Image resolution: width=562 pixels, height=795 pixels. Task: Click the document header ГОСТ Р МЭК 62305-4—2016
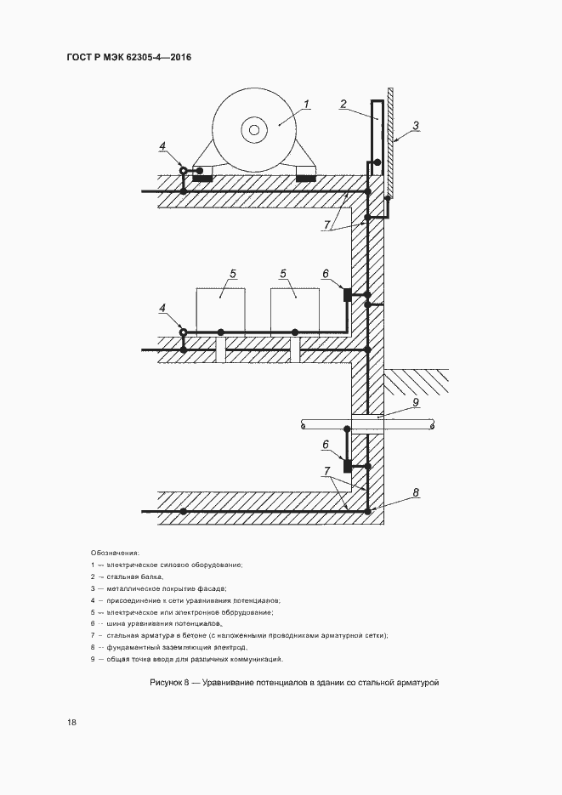click(129, 58)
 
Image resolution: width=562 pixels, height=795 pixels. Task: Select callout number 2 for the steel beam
click(343, 105)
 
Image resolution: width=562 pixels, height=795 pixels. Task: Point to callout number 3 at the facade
click(416, 125)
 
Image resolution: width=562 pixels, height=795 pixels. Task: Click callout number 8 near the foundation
click(416, 492)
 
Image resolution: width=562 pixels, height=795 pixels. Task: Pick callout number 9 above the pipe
click(416, 401)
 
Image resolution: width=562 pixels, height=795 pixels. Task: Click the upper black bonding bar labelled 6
click(347, 294)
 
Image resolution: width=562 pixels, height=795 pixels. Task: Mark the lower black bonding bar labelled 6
click(347, 465)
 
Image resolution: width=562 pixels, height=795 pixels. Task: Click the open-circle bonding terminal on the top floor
click(182, 171)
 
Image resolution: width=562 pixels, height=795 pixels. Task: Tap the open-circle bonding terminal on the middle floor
click(182, 332)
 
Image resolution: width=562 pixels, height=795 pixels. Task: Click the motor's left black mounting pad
click(202, 177)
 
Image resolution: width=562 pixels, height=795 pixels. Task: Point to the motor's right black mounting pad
click(305, 177)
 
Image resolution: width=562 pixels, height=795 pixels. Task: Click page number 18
click(71, 723)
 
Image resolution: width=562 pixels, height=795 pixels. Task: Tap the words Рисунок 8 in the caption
click(173, 682)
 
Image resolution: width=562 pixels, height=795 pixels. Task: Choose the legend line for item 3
click(159, 588)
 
